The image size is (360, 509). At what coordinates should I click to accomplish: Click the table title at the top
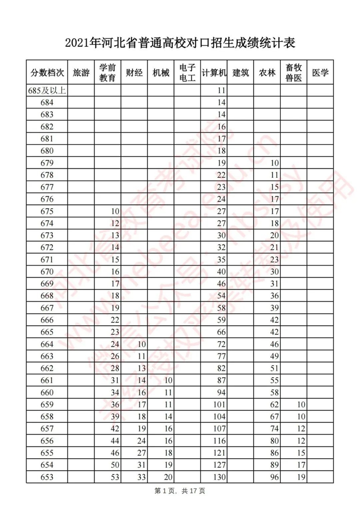(x=180, y=43)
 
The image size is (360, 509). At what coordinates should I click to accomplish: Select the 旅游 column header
(x=81, y=72)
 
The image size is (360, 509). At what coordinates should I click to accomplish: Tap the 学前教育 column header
(x=108, y=72)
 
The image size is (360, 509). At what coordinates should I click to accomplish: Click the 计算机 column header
(x=214, y=72)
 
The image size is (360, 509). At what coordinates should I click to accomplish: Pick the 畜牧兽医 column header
(x=293, y=72)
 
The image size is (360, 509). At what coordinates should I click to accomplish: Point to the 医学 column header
(x=320, y=72)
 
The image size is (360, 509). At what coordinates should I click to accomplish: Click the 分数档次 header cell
(x=47, y=72)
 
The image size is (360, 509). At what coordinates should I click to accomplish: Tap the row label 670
(x=47, y=272)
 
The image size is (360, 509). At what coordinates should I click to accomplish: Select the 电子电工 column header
(x=187, y=72)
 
